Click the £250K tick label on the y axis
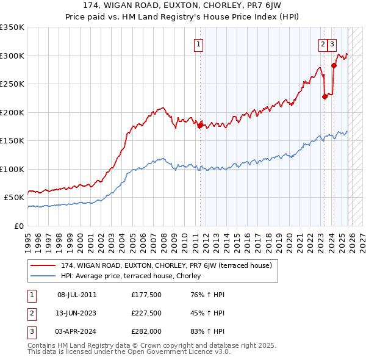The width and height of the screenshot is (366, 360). coord(12,84)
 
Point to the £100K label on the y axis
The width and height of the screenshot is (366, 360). coord(12,169)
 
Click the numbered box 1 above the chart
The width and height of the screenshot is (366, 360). coord(199,43)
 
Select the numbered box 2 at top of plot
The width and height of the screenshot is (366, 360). coord(322,43)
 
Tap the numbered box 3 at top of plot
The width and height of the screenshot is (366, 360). coord(332,43)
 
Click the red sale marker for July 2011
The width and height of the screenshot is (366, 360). coord(199,125)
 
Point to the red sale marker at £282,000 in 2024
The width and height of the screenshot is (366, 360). coord(334,65)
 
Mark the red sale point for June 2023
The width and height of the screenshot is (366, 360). coord(325,96)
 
